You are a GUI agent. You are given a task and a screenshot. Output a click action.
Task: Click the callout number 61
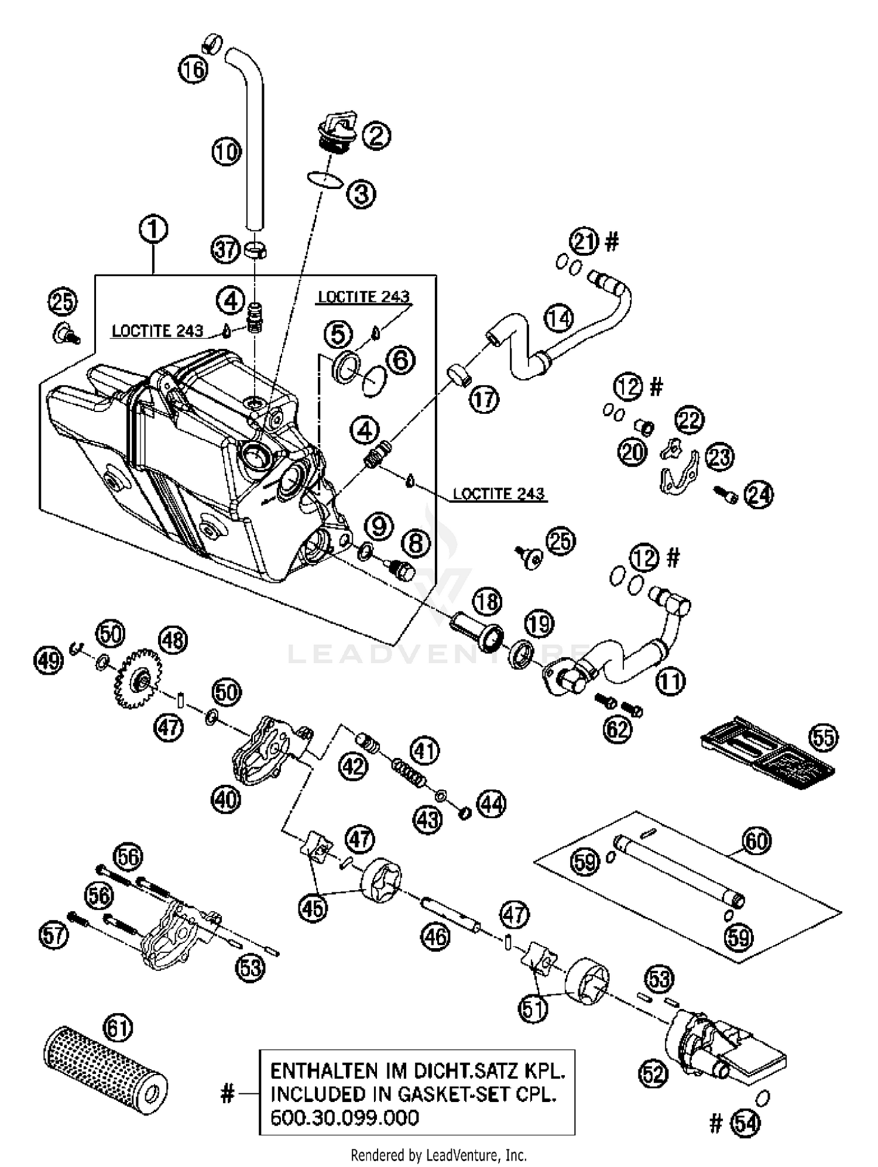[x=118, y=1028]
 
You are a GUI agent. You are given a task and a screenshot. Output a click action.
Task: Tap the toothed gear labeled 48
[x=138, y=678]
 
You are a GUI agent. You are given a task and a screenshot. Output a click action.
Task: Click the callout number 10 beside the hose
[x=227, y=152]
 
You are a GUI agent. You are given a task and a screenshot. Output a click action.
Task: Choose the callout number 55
[x=822, y=737]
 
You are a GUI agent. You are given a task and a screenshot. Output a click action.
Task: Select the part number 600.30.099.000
[x=344, y=1117]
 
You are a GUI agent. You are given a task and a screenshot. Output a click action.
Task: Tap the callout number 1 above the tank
[x=153, y=229]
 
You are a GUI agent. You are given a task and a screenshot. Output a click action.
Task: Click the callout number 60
[x=756, y=841]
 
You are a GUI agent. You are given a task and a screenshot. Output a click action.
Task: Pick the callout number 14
[x=559, y=318]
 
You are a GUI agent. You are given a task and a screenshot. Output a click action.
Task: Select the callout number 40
[x=227, y=799]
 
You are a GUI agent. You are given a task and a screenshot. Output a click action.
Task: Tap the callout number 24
[x=759, y=495]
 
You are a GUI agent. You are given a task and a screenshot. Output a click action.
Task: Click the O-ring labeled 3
[x=324, y=180]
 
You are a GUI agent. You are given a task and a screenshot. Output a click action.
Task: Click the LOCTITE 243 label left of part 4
[x=157, y=331]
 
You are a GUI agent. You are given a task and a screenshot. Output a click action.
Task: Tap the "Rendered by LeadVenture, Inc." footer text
[x=438, y=1155]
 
